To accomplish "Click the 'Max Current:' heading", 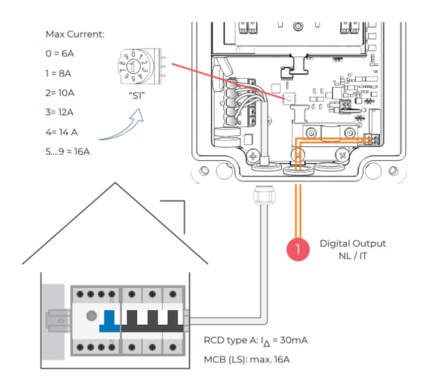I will [x=75, y=33].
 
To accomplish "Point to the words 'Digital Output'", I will [x=352, y=243].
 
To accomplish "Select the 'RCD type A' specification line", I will [x=256, y=341].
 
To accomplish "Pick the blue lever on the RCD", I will [x=109, y=320].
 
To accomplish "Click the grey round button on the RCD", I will [x=90, y=315].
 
